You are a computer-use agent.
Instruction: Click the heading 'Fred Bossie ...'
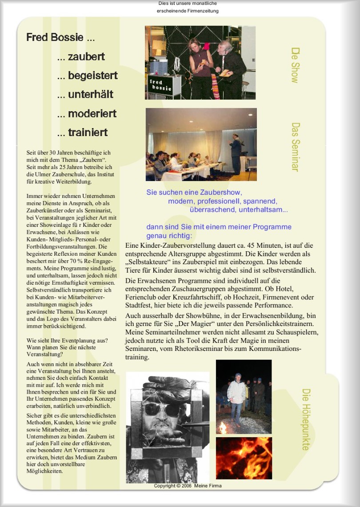click(60, 37)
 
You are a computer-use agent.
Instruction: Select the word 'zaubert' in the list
click(86, 56)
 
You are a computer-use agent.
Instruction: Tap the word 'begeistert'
click(93, 76)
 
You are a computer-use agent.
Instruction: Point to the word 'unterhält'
click(91, 94)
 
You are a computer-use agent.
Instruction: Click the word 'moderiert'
click(92, 113)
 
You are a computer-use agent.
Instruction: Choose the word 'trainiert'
click(88, 133)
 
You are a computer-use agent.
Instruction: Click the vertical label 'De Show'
click(295, 65)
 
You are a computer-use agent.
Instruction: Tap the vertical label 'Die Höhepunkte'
click(306, 419)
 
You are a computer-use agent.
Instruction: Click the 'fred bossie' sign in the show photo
click(160, 85)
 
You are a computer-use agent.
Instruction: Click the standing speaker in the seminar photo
click(236, 153)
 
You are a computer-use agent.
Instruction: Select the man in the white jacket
click(236, 398)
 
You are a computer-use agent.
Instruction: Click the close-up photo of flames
click(244, 458)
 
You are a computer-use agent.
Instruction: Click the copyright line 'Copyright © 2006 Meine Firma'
click(188, 486)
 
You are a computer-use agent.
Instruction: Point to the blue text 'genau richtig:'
click(169, 236)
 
